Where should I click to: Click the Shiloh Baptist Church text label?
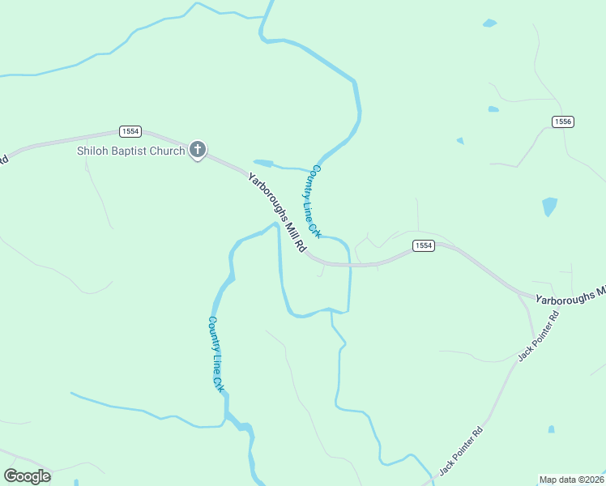click(x=130, y=151)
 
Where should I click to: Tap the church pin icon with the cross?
click(x=198, y=150)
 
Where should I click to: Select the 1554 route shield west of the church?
click(x=130, y=131)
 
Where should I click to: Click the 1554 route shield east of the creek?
click(x=423, y=245)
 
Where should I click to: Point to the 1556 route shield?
click(x=563, y=122)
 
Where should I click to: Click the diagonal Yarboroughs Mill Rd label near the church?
click(x=277, y=212)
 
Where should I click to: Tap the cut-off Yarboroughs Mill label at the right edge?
click(x=570, y=294)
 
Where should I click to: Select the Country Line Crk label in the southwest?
click(x=216, y=354)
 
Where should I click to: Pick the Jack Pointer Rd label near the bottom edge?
click(x=460, y=450)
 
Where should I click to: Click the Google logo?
click(x=27, y=475)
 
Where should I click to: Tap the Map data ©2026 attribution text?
click(x=571, y=479)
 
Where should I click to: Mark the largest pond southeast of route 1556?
click(x=550, y=207)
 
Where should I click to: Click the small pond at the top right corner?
click(x=489, y=23)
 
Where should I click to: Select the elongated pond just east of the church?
click(x=263, y=163)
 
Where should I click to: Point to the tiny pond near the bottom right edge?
click(x=551, y=428)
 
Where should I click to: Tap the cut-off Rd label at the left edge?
click(x=3, y=159)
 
